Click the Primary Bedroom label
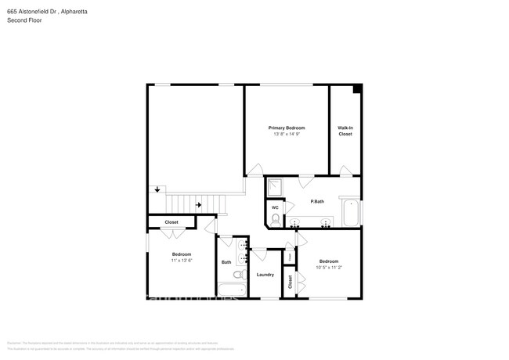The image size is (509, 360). tap(287, 128)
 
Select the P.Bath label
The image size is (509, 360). tap(317, 202)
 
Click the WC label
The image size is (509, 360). tap(275, 207)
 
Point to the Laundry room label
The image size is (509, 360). tap(265, 275)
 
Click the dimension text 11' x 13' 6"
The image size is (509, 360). tap(182, 261)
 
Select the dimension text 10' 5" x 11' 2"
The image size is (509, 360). tap(328, 267)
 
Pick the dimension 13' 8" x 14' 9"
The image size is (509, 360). tap(287, 135)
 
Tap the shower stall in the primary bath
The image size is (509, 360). tap(276, 187)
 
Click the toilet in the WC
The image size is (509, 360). tap(276, 220)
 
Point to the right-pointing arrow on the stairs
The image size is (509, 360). tap(199, 205)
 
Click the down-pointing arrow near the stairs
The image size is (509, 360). tap(157, 189)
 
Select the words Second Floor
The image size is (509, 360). tap(23, 20)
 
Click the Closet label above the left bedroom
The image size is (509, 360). tap(171, 222)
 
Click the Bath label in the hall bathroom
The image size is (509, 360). tap(226, 262)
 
